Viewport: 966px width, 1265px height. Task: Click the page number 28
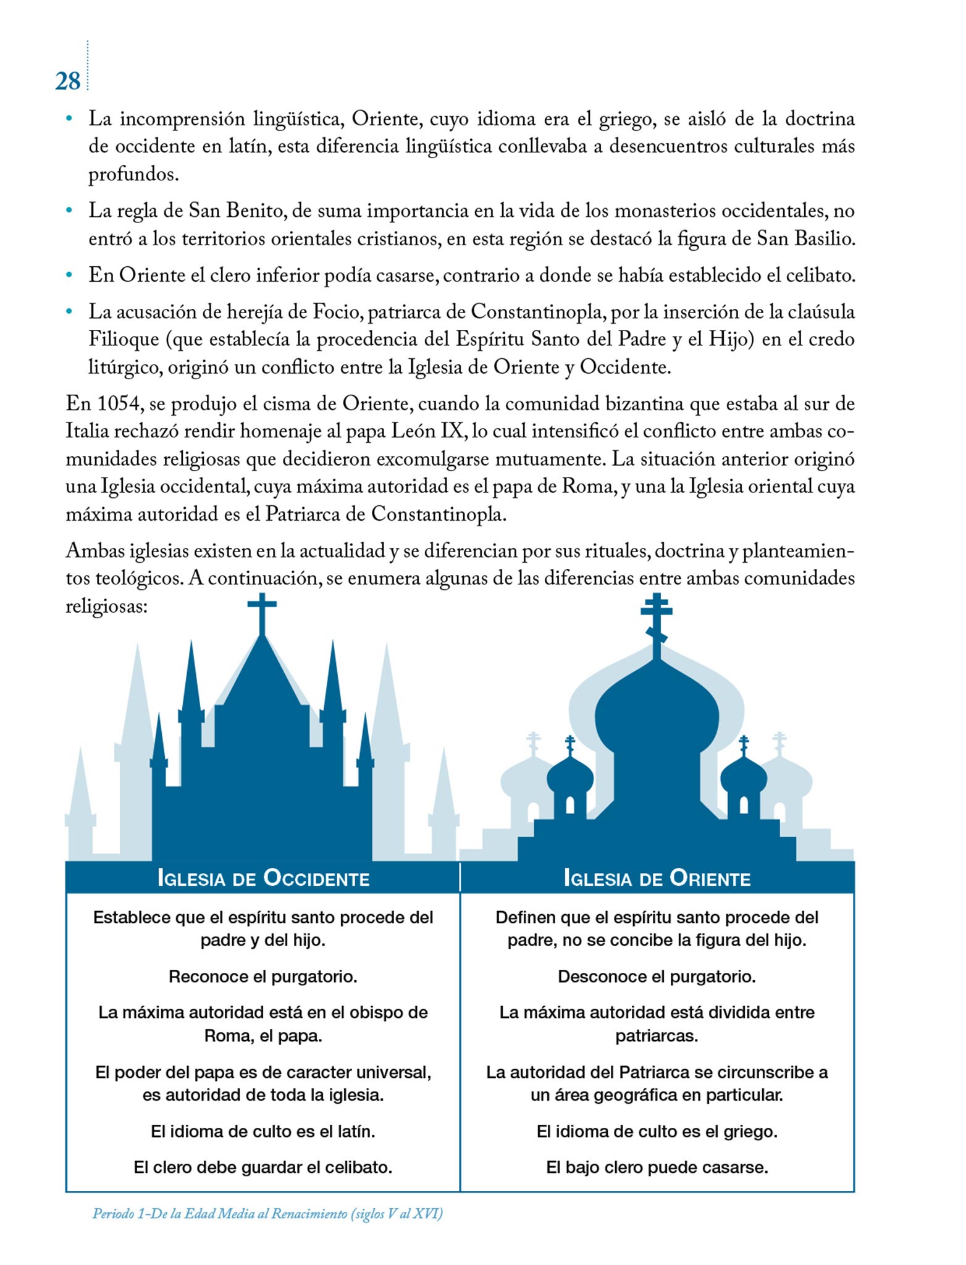click(67, 81)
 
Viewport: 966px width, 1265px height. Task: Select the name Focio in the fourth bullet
click(336, 312)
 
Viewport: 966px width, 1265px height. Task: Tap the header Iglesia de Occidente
click(263, 878)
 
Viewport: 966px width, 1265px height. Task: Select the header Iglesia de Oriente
click(657, 878)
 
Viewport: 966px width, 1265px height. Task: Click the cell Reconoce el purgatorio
click(263, 977)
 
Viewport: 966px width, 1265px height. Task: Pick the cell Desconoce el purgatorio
click(657, 977)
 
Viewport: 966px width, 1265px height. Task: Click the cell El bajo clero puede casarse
click(657, 1167)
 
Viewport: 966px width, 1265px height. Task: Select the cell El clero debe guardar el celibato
click(263, 1167)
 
